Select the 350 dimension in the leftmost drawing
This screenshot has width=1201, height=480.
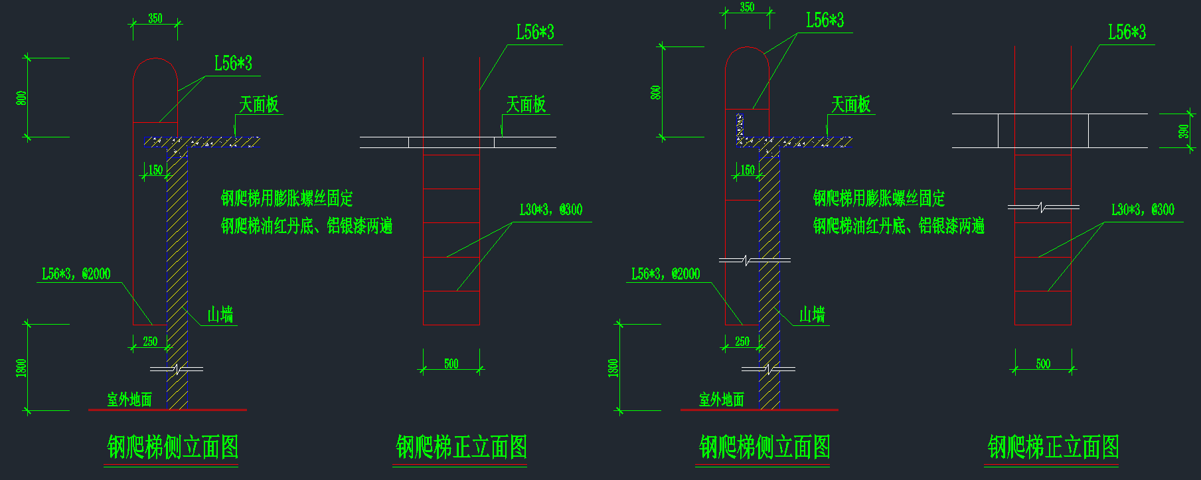pos(155,19)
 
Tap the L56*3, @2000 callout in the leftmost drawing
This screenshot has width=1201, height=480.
pos(76,274)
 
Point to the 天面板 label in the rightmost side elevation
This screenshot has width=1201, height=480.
pos(850,105)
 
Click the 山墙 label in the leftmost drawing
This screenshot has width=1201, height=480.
pos(220,314)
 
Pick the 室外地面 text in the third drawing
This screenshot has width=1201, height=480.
pos(722,400)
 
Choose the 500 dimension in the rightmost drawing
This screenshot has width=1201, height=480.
pos(1043,364)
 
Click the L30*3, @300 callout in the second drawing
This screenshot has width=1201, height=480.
pos(551,210)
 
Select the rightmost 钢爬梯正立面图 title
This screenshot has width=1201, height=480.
pos(1053,447)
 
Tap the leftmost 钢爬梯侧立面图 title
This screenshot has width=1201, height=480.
pos(173,447)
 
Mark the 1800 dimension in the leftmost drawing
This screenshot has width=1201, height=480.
pos(21,368)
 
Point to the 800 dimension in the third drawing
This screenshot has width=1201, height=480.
pos(656,92)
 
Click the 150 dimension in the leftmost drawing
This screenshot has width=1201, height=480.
pos(155,170)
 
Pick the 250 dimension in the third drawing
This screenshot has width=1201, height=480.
pos(742,342)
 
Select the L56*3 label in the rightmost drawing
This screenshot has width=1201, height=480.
pos(1127,33)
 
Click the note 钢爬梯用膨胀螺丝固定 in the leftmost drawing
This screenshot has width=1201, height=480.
pos(287,198)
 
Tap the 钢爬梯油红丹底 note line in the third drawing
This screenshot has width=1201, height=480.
pos(898,226)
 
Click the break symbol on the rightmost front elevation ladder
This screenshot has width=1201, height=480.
pos(1043,208)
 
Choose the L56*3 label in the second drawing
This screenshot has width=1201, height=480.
pos(535,33)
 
